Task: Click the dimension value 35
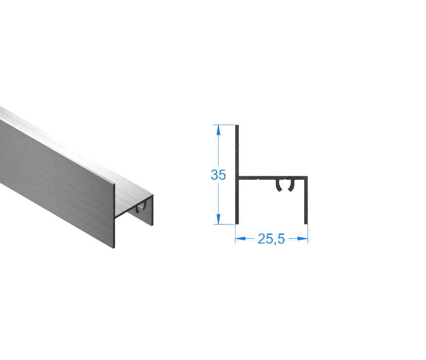coord(218,175)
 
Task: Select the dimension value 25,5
coord(271,239)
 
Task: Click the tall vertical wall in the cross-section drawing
coord(237,158)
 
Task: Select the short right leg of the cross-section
coord(306,201)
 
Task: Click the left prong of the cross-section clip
coord(278,186)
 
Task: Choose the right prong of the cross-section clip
coord(290,186)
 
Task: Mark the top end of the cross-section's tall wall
coord(237,126)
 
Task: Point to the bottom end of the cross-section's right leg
coord(306,222)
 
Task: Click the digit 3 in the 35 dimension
coord(214,175)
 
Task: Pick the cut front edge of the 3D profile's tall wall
coord(115,216)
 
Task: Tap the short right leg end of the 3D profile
coord(153,211)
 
